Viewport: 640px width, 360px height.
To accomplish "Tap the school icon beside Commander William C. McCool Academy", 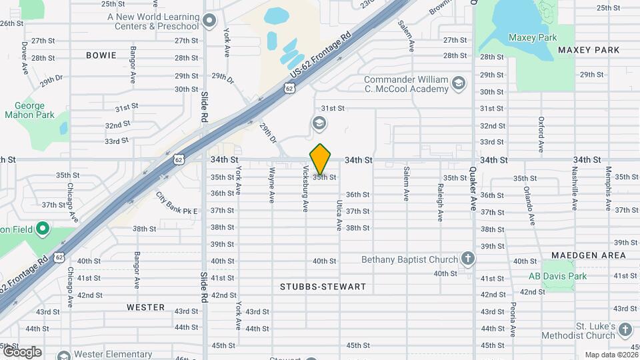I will [x=458, y=83].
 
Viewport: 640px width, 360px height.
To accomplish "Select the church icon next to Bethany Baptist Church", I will [x=468, y=259].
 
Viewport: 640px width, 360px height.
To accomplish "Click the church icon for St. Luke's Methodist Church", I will [x=625, y=329].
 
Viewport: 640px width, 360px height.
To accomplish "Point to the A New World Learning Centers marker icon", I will [x=210, y=21].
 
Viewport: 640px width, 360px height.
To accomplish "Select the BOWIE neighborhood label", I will [x=101, y=55].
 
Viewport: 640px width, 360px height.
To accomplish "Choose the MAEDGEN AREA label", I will [x=589, y=255].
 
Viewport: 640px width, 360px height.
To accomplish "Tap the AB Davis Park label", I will [x=557, y=276].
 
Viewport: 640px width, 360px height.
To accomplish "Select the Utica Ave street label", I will [x=339, y=215].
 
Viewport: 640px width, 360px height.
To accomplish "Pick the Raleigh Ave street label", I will [x=440, y=203].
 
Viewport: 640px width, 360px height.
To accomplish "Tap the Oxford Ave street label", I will [x=541, y=136].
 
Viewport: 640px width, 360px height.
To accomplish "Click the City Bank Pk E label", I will [x=177, y=204].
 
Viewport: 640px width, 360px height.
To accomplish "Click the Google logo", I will [x=21, y=351].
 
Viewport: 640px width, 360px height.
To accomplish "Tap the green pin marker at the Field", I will [x=43, y=229].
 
